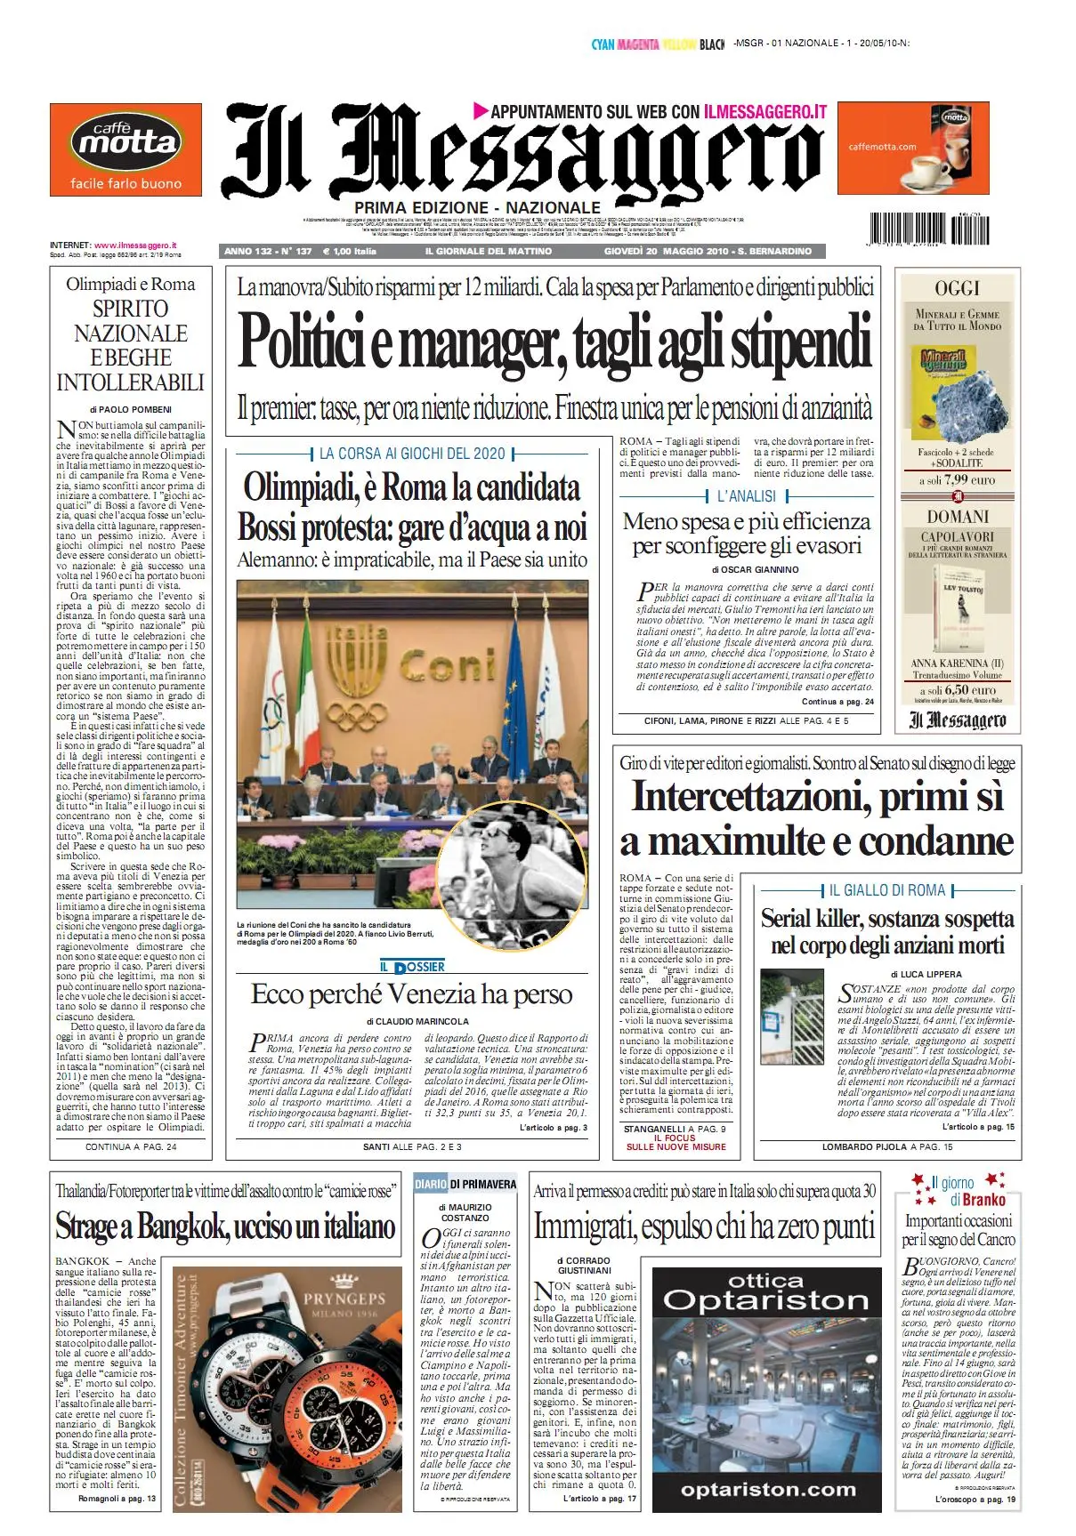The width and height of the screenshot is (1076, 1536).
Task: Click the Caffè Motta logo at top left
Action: tap(125, 149)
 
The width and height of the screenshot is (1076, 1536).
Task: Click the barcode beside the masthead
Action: tap(926, 229)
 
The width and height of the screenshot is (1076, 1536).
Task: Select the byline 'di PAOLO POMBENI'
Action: tap(131, 409)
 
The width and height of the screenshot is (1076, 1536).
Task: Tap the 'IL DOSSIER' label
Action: tap(412, 967)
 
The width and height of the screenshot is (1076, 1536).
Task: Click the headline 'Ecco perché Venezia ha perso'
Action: tap(412, 994)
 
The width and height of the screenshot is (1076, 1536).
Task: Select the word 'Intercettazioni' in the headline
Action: tap(751, 796)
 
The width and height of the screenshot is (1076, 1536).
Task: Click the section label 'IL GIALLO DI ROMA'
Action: tap(887, 890)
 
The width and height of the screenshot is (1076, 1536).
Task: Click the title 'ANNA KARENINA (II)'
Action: tap(957, 663)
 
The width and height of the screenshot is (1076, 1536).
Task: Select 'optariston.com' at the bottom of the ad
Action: tap(767, 1489)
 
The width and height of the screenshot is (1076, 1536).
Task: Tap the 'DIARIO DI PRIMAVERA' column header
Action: tap(465, 1184)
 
